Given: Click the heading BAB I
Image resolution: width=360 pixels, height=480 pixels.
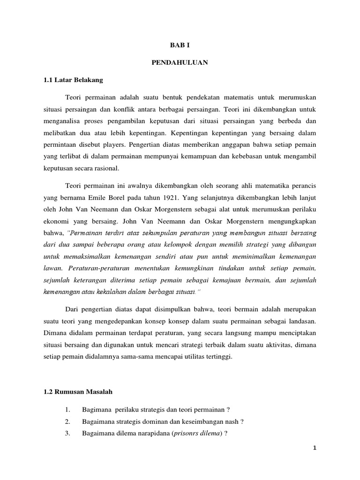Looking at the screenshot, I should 180,45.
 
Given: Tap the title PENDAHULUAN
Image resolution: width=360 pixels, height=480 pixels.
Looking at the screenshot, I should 180,62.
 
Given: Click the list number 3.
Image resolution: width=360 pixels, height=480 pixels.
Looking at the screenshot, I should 68,434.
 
